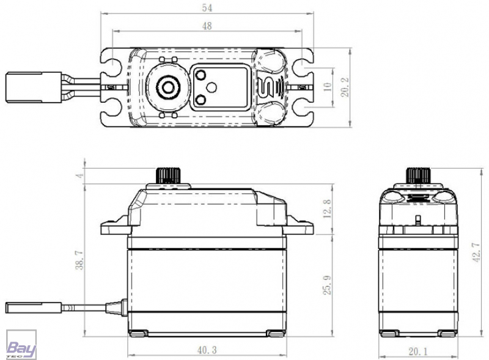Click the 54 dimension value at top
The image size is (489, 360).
tap(207, 8)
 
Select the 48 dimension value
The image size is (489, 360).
tap(207, 26)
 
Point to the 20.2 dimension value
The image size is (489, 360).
tap(345, 87)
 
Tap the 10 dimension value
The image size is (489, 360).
tap(328, 86)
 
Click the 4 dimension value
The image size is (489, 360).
tap(80, 175)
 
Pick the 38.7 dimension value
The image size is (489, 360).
tap(80, 260)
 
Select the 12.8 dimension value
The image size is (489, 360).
tap(327, 208)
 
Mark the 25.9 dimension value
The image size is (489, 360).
tap(327, 285)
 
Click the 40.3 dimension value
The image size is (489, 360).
tap(207, 350)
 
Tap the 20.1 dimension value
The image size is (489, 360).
tap(418, 351)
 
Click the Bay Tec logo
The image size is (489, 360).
tap(21, 345)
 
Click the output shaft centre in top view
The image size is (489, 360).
tap(167, 87)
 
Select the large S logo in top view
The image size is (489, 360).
tap(266, 87)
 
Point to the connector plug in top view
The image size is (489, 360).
tap(34, 87)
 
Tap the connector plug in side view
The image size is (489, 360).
tap(34, 307)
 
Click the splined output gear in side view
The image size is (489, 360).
tap(168, 175)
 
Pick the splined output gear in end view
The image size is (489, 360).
tap(418, 175)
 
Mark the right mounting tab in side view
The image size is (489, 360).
tap(298, 226)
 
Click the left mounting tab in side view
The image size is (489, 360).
tap(116, 226)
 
